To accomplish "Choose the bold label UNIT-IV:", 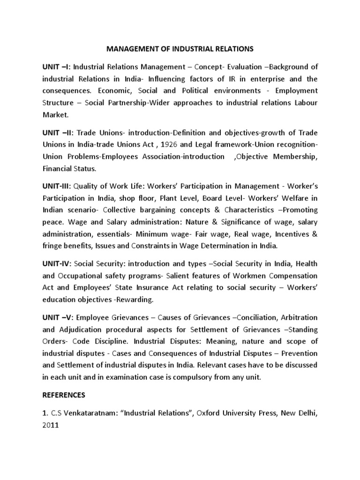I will pos(57,265).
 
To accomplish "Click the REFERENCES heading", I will pos(65,395).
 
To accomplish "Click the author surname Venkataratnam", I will pos(87,414).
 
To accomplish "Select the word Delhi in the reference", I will pos(307,414).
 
